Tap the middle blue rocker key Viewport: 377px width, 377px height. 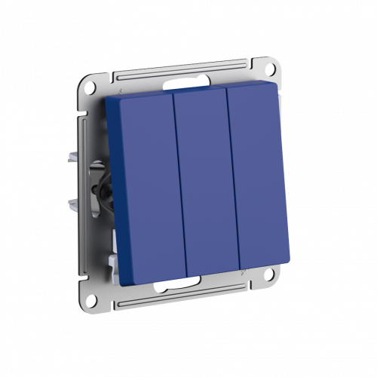pyautogui.click(x=200, y=185)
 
